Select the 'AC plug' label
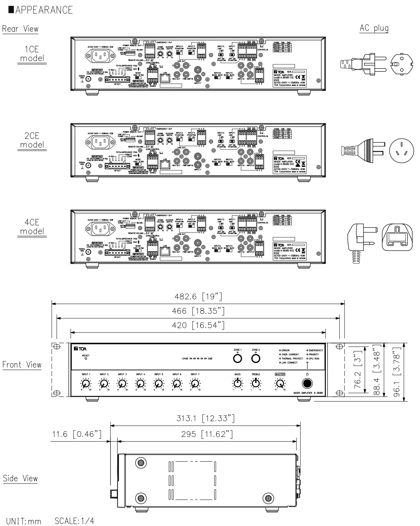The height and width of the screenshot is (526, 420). coord(374,28)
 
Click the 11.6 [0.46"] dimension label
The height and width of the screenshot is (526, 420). coord(77,434)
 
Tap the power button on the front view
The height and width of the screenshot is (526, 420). coord(307,384)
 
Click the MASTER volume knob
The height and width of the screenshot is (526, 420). coord(280,383)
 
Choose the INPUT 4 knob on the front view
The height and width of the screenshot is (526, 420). coord(140,383)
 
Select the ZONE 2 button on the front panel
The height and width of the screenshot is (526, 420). coord(256,358)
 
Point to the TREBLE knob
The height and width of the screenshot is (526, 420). coord(256,383)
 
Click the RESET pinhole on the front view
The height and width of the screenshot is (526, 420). coord(86,359)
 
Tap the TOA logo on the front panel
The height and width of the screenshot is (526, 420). coord(80,349)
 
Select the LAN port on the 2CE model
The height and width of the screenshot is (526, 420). coord(165,165)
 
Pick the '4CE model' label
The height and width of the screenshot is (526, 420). coord(32,227)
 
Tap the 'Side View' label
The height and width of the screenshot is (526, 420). coord(20,478)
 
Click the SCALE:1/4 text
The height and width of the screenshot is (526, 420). coord(74,521)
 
